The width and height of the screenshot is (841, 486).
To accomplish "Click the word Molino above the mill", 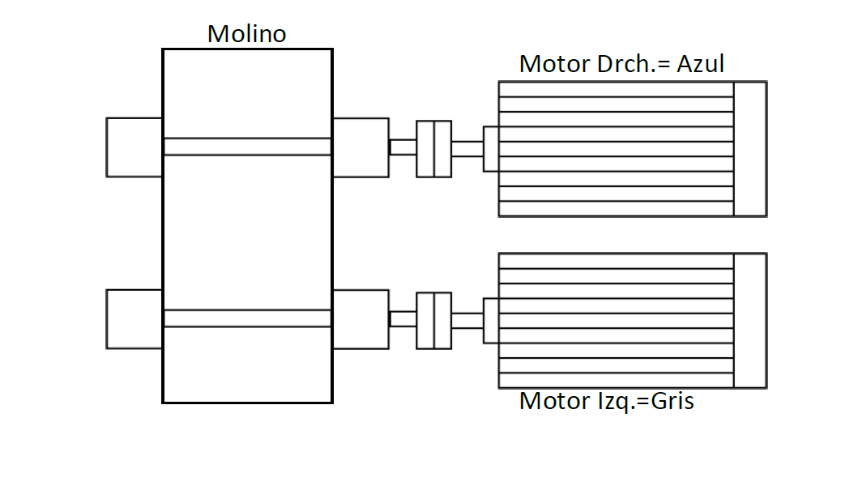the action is pos(247,34).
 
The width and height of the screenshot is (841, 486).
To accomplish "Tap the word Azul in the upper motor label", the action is pos(701,64).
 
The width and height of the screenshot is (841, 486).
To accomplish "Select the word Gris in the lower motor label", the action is pos(672,401).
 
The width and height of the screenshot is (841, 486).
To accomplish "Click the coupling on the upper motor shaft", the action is pos(434,149).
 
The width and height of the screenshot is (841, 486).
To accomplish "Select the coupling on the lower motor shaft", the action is pos(434,321).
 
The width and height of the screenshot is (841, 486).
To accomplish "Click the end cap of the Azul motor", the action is pos(750,149).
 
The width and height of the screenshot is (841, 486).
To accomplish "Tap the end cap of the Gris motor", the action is pos(750,321).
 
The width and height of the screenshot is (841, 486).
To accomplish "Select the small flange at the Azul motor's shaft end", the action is pos(491,149).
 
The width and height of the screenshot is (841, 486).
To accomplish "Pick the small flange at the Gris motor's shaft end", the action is pos(491,321).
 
